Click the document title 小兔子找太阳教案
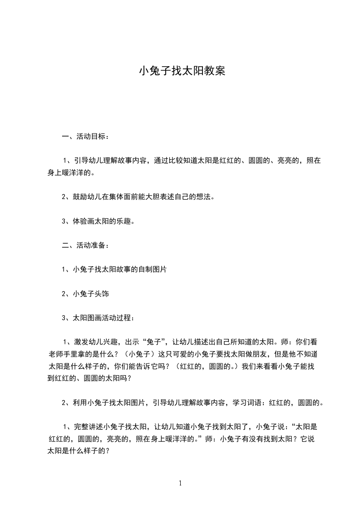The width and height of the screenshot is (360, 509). click(182, 71)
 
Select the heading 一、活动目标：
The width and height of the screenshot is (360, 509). click(85, 136)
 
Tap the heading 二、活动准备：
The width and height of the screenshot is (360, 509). click(85, 245)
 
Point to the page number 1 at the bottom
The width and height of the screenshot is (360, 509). click(180, 483)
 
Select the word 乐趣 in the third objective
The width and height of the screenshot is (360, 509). click(126, 221)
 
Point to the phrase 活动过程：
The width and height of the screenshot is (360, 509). click(115, 318)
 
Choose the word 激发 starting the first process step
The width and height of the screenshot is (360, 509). click(81, 342)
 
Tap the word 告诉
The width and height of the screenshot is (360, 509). click(143, 366)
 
